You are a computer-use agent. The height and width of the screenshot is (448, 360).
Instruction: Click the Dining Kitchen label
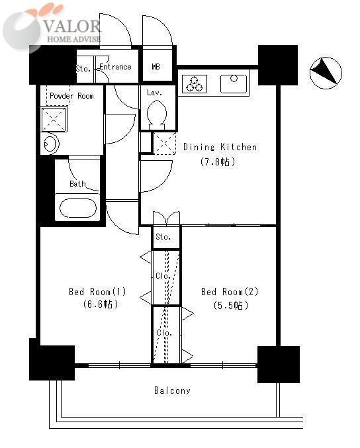[220, 147]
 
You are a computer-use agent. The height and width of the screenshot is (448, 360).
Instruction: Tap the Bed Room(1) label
[97, 292]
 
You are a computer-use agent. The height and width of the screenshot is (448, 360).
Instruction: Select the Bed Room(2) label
[230, 292]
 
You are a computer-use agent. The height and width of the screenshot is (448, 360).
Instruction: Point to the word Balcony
[172, 390]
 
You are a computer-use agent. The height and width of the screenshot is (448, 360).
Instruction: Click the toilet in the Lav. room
[157, 116]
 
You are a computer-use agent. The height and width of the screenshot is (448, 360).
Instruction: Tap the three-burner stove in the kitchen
[195, 83]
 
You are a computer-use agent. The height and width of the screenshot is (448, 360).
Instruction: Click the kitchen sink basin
[234, 84]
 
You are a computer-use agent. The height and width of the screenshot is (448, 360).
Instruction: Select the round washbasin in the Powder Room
[51, 144]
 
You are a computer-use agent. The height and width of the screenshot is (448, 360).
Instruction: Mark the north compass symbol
[326, 73]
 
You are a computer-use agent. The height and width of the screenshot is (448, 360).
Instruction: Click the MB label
[156, 67]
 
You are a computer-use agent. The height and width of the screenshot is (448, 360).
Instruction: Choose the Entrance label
[115, 67]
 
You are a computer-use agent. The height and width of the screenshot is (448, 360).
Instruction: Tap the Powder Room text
[71, 96]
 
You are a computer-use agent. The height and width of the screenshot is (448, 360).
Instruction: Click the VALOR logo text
[72, 26]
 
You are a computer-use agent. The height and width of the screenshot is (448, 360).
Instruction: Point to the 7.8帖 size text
[218, 162]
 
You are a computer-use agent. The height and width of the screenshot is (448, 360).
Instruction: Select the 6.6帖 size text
[101, 304]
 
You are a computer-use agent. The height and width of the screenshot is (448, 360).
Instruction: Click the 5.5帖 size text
[231, 306]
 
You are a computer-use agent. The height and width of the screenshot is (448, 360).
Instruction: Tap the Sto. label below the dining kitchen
[163, 237]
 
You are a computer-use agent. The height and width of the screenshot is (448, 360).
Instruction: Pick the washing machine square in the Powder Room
[54, 119]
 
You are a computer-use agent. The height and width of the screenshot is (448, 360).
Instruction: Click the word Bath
[77, 183]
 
